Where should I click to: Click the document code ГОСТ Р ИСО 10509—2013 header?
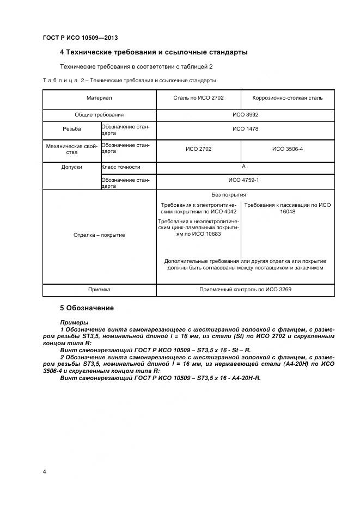(x=80, y=38)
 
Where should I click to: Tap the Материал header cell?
(x=99, y=98)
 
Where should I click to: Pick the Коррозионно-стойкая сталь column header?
(x=288, y=98)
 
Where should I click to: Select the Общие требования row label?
(x=99, y=115)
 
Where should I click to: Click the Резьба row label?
(x=71, y=130)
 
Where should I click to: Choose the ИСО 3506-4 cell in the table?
(x=288, y=148)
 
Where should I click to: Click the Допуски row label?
(x=71, y=167)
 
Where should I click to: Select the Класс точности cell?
(x=121, y=167)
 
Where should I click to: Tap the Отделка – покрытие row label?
(x=99, y=235)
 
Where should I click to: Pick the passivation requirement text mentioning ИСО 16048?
(x=288, y=208)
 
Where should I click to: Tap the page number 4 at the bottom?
(x=44, y=471)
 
